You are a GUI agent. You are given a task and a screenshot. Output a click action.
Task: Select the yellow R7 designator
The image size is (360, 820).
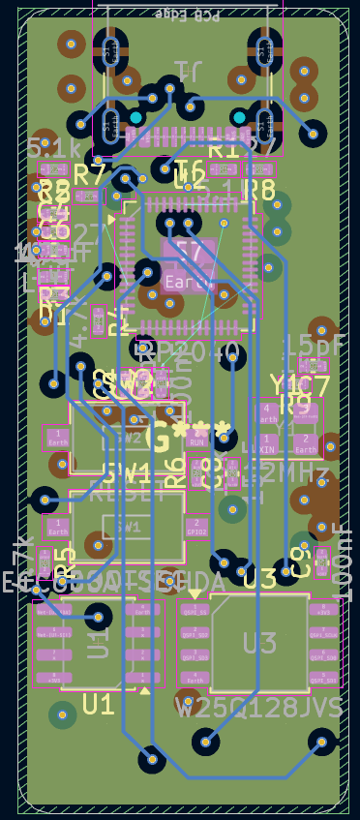(x=89, y=175)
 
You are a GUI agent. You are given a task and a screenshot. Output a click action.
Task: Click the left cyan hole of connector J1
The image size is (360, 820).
(x=136, y=118)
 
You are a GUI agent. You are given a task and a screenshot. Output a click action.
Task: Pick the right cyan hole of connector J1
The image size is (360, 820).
(x=238, y=118)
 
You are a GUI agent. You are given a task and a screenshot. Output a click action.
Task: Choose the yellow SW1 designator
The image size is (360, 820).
(x=127, y=473)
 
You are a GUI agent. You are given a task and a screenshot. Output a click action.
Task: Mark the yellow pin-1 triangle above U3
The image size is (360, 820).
(x=195, y=593)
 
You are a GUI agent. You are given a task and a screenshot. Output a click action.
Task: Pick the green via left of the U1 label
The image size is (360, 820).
(x=63, y=714)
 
